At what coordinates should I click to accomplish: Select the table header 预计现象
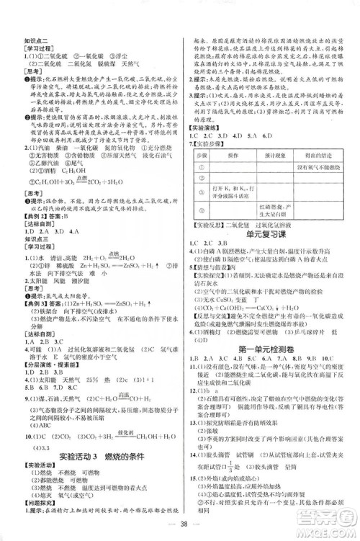pyautogui.click(x=279, y=154)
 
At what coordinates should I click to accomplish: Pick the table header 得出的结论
pyautogui.click(x=322, y=154)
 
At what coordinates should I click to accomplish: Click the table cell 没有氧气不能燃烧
pyautogui.click(x=322, y=166)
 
